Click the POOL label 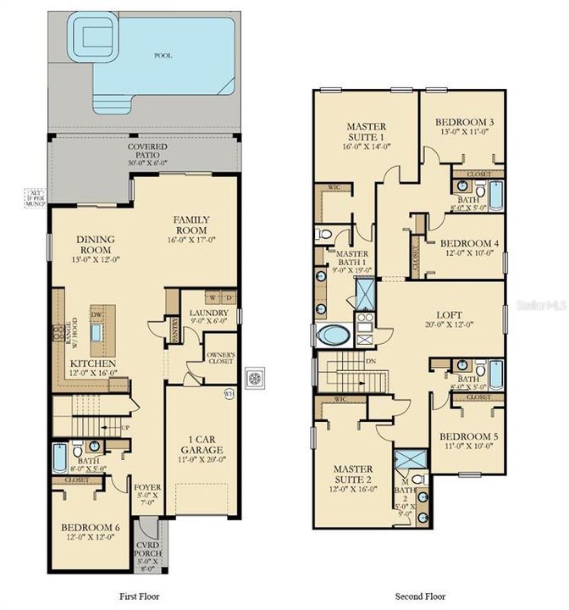[163, 55]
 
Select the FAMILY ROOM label [191, 225]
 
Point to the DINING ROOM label [95, 244]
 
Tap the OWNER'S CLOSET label [221, 359]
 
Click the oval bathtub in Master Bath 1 [331, 335]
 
